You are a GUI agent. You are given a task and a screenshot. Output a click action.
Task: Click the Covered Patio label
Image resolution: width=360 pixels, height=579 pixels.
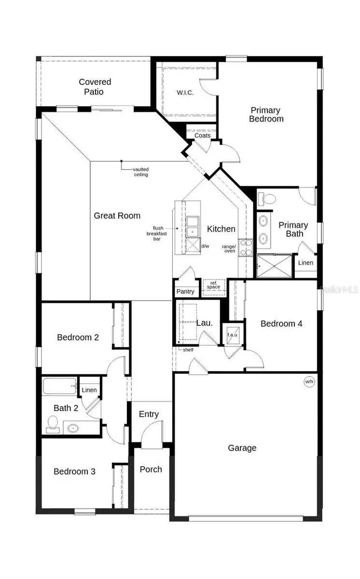pyautogui.click(x=95, y=87)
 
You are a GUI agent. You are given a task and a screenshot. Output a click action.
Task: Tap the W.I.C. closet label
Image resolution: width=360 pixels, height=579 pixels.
pyautogui.click(x=185, y=93)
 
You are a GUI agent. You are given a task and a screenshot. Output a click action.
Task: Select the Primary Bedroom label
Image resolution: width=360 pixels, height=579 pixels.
pyautogui.click(x=266, y=114)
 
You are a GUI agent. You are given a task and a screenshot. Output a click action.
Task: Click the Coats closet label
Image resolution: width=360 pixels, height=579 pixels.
pyautogui.click(x=203, y=136)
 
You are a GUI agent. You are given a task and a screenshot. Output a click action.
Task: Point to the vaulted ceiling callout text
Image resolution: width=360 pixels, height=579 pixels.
pyautogui.click(x=141, y=172)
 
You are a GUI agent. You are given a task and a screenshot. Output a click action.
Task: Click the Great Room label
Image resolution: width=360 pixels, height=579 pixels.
pyautogui.click(x=117, y=216)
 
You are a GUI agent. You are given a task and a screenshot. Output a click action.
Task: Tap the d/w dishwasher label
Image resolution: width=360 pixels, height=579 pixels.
pyautogui.click(x=205, y=246)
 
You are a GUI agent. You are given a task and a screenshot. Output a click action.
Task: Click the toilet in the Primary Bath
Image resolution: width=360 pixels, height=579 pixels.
pyautogui.click(x=267, y=198)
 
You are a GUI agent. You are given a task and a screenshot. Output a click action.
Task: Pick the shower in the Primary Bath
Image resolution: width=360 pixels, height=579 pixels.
pyautogui.click(x=274, y=266)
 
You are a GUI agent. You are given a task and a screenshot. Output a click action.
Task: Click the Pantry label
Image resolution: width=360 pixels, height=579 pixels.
pyautogui.click(x=185, y=291)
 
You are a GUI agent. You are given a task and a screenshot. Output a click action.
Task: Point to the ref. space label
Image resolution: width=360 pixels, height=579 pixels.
pyautogui.click(x=213, y=285)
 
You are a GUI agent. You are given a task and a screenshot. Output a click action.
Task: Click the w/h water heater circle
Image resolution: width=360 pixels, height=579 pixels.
pyautogui.click(x=309, y=382)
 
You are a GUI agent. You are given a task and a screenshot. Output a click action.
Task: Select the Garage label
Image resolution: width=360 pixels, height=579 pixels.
pyautogui.click(x=242, y=448)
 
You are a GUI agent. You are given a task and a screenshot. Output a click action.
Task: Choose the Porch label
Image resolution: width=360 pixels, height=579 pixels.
pyautogui.click(x=151, y=469)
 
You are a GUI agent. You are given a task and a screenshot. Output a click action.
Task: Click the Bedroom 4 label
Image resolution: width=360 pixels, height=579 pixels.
pyautogui.click(x=281, y=323)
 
